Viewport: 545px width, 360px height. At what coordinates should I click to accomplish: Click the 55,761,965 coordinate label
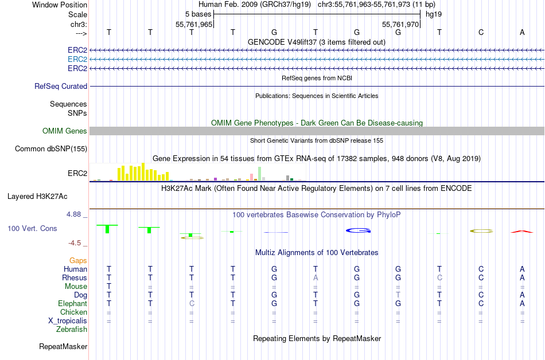pyautogui.click(x=194, y=25)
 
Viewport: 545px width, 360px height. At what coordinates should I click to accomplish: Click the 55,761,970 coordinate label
pyautogui.click(x=401, y=25)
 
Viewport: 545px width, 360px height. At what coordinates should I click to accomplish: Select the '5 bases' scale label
pyautogui.click(x=198, y=14)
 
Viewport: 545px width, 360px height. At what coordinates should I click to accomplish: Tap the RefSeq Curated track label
pyautogui.click(x=61, y=87)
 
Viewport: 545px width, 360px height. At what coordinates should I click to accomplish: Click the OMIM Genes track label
pyautogui.click(x=65, y=131)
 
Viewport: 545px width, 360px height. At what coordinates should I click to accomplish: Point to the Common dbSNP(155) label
pyautogui.click(x=51, y=149)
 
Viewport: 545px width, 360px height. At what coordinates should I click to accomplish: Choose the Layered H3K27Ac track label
pyautogui.click(x=37, y=196)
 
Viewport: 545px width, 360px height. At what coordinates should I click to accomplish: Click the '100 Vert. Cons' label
pyautogui.click(x=32, y=229)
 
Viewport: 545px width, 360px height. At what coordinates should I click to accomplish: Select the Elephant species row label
pyautogui.click(x=72, y=304)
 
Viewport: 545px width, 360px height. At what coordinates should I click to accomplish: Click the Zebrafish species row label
pyautogui.click(x=72, y=330)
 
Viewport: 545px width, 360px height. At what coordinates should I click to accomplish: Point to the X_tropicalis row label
pyautogui.click(x=68, y=321)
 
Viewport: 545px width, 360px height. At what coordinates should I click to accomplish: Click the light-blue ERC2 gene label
pyautogui.click(x=77, y=59)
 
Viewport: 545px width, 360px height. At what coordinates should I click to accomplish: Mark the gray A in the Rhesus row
pyautogui.click(x=316, y=278)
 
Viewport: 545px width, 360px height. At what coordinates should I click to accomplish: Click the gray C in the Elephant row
pyautogui.click(x=192, y=304)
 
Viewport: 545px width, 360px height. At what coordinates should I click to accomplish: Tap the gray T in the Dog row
pyautogui.click(x=398, y=295)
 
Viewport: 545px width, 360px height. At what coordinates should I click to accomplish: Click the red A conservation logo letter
pyautogui.click(x=521, y=231)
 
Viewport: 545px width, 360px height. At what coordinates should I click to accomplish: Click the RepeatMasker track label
pyautogui.click(x=63, y=347)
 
